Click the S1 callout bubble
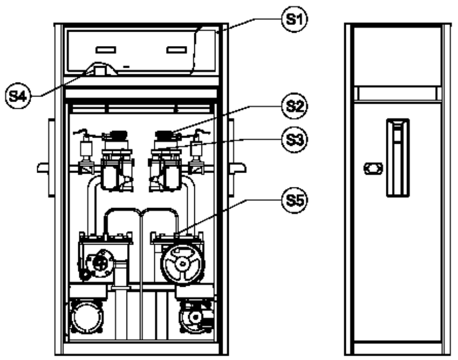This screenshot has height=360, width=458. click(294, 19)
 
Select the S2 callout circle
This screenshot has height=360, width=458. click(294, 106)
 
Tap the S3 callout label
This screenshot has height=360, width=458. click(294, 140)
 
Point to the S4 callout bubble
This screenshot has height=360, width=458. click(18, 96)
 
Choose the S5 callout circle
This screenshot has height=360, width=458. click(294, 200)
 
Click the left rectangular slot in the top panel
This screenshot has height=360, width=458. click(105, 50)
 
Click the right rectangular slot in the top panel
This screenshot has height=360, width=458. click(177, 50)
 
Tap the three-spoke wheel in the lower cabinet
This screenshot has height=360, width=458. click(183, 264)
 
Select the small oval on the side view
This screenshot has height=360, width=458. click(373, 169)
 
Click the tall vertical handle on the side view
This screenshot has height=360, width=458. click(398, 158)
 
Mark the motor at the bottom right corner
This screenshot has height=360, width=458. click(197, 317)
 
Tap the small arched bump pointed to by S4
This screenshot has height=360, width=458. click(100, 69)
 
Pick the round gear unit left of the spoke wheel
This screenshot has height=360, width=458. click(100, 263)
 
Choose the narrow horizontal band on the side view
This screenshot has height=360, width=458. click(398, 94)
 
